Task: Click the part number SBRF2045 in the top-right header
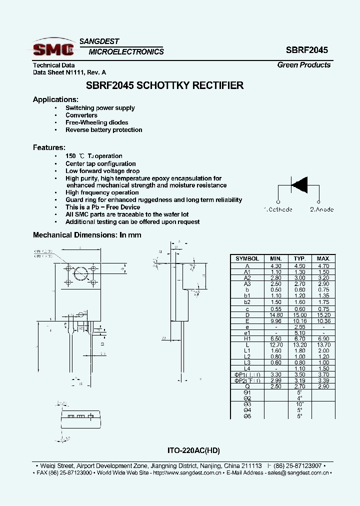[307, 50]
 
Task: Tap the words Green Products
[304, 65]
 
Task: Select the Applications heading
[55, 99]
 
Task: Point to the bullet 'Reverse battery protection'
[103, 130]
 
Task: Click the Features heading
[49, 147]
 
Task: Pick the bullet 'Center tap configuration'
[100, 163]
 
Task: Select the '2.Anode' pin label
[321, 209]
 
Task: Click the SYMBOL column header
[247, 258]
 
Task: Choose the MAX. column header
[323, 258]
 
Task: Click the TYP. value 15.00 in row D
[299, 315]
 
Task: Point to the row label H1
[247, 339]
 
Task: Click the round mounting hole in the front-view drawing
[80, 274]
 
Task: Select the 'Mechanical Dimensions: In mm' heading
[87, 235]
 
